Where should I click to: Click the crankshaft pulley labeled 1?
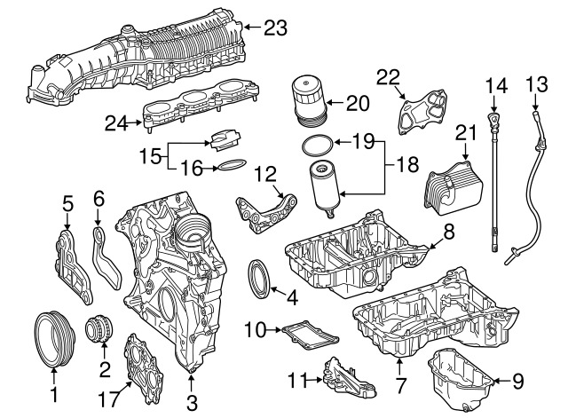point(52,339)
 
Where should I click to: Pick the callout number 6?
point(99,198)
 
